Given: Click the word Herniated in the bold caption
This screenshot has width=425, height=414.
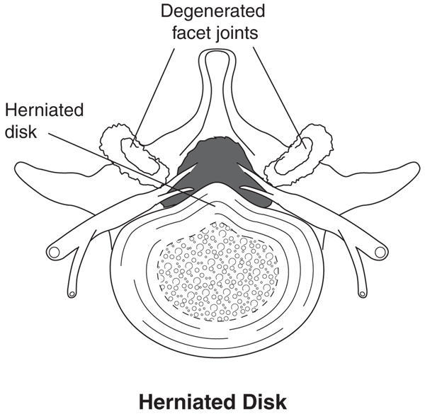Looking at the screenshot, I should click(187, 401).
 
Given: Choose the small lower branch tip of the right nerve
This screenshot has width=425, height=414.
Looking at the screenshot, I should click(361, 291).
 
